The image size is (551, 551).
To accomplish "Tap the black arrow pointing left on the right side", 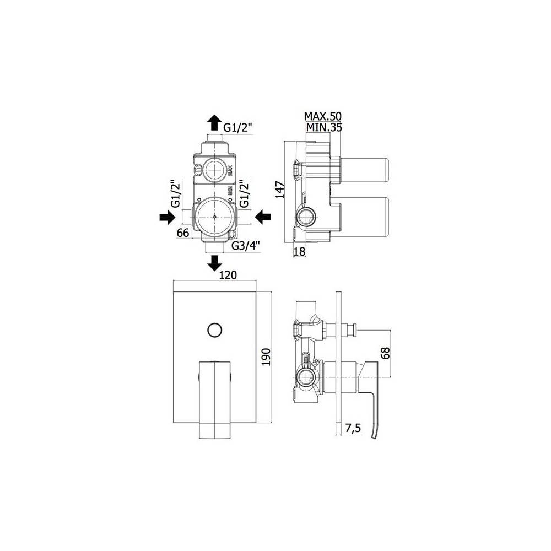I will pos(263,218).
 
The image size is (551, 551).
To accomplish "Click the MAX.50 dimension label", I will pos(323,116).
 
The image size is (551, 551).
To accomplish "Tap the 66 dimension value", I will pos(183,233).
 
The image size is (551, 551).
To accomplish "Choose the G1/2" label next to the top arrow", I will pos(237,128).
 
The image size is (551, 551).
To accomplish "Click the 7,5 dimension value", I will pos(353,427).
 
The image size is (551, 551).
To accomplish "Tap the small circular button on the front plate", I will pos(213,331).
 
